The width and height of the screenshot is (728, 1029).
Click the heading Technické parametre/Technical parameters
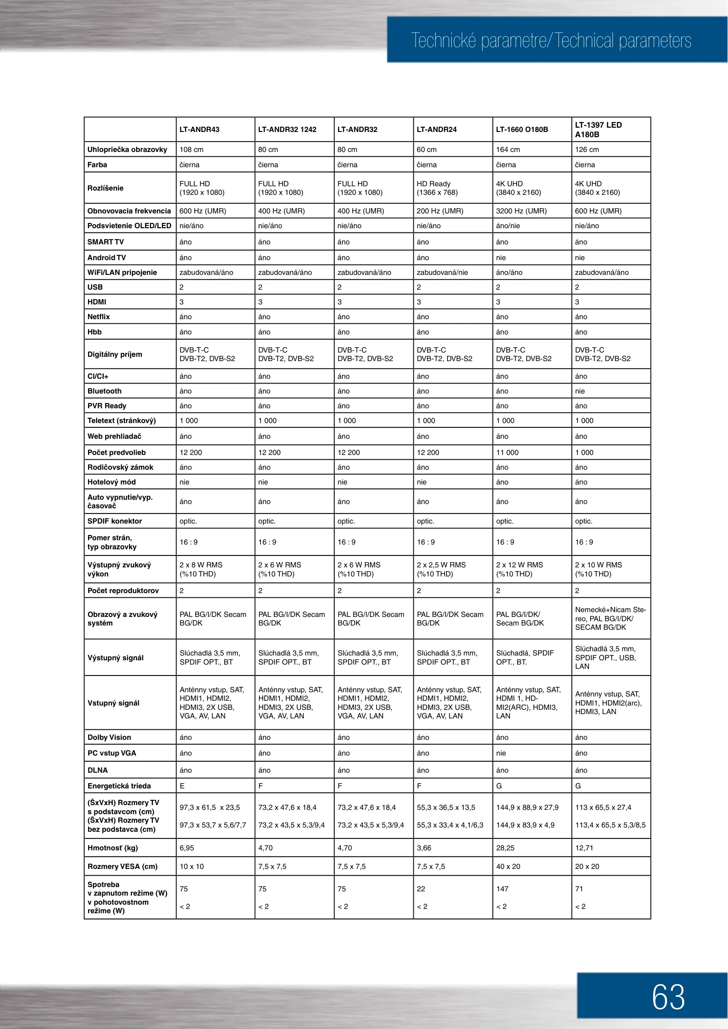click(551, 41)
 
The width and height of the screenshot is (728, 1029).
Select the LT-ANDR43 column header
click(199, 130)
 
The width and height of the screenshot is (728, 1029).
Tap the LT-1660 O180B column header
click(522, 130)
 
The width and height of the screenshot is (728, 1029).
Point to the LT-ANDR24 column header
click(437, 130)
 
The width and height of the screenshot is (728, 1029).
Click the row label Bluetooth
click(105, 391)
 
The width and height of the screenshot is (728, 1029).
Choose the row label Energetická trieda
click(119, 786)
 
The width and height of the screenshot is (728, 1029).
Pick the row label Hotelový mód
click(111, 482)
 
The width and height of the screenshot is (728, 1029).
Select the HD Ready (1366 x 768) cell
click(437, 188)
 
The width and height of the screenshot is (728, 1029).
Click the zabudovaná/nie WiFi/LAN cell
click(442, 272)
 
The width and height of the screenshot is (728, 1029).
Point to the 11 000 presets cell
click(507, 453)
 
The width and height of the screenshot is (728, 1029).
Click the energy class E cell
click(182, 786)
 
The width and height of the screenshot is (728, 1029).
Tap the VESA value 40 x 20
click(508, 867)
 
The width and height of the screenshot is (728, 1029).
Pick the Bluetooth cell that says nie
click(580, 391)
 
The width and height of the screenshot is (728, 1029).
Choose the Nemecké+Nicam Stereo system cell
click(610, 618)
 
